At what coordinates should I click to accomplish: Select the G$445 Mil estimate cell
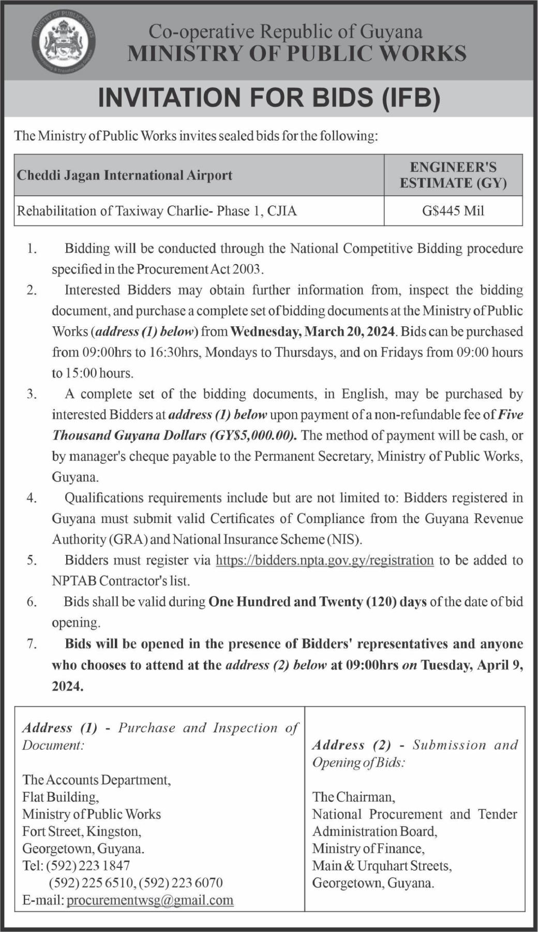point(453,211)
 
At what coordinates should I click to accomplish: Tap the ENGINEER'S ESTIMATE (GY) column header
point(453,175)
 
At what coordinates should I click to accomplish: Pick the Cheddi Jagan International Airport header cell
point(125,175)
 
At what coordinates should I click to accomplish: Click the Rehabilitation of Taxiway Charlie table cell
point(157,211)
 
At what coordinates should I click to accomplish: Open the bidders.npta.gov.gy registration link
point(324,560)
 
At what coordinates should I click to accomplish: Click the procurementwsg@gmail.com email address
point(150,900)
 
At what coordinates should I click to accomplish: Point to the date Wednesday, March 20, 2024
point(313,331)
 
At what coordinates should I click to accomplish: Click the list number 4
point(32,498)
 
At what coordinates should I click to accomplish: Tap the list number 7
point(32,644)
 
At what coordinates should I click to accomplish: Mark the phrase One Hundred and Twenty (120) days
point(317,602)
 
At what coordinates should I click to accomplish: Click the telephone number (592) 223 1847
point(88,866)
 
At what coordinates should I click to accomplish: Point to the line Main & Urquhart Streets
point(382,866)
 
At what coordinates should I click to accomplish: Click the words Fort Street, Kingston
point(82,832)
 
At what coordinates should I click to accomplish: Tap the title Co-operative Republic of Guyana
point(286,32)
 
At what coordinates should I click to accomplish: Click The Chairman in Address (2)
point(353,797)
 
